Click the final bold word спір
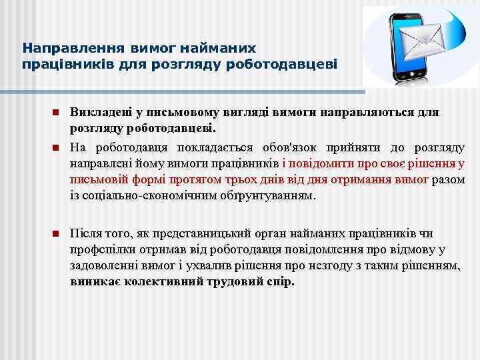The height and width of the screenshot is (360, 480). (x=281, y=281)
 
